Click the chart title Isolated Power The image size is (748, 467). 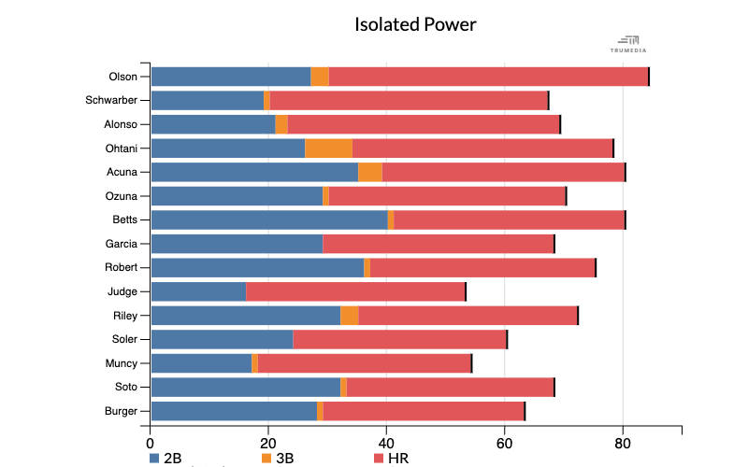pyautogui.click(x=415, y=24)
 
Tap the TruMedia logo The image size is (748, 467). pyautogui.click(x=628, y=44)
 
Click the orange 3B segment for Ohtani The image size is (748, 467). pyautogui.click(x=328, y=148)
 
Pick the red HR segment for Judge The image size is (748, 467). pyautogui.click(x=355, y=291)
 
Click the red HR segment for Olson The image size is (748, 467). pyautogui.click(x=488, y=77)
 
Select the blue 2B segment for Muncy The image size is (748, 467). pyautogui.click(x=201, y=363)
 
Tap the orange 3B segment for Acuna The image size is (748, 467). pyautogui.click(x=370, y=172)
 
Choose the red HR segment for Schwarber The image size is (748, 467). pyautogui.click(x=409, y=100)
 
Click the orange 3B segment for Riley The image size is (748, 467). pyautogui.click(x=350, y=315)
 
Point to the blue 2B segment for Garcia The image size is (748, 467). pyautogui.click(x=237, y=244)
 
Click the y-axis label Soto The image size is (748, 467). pyautogui.click(x=124, y=387)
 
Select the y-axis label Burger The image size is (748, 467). pyautogui.click(x=121, y=411)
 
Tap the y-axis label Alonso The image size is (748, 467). pyautogui.click(x=121, y=124)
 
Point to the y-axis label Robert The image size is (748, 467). pyautogui.click(x=122, y=267)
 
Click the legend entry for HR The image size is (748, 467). pyautogui.click(x=391, y=458)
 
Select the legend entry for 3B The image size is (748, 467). pyautogui.click(x=278, y=458)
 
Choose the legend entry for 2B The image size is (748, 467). pyautogui.click(x=165, y=458)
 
